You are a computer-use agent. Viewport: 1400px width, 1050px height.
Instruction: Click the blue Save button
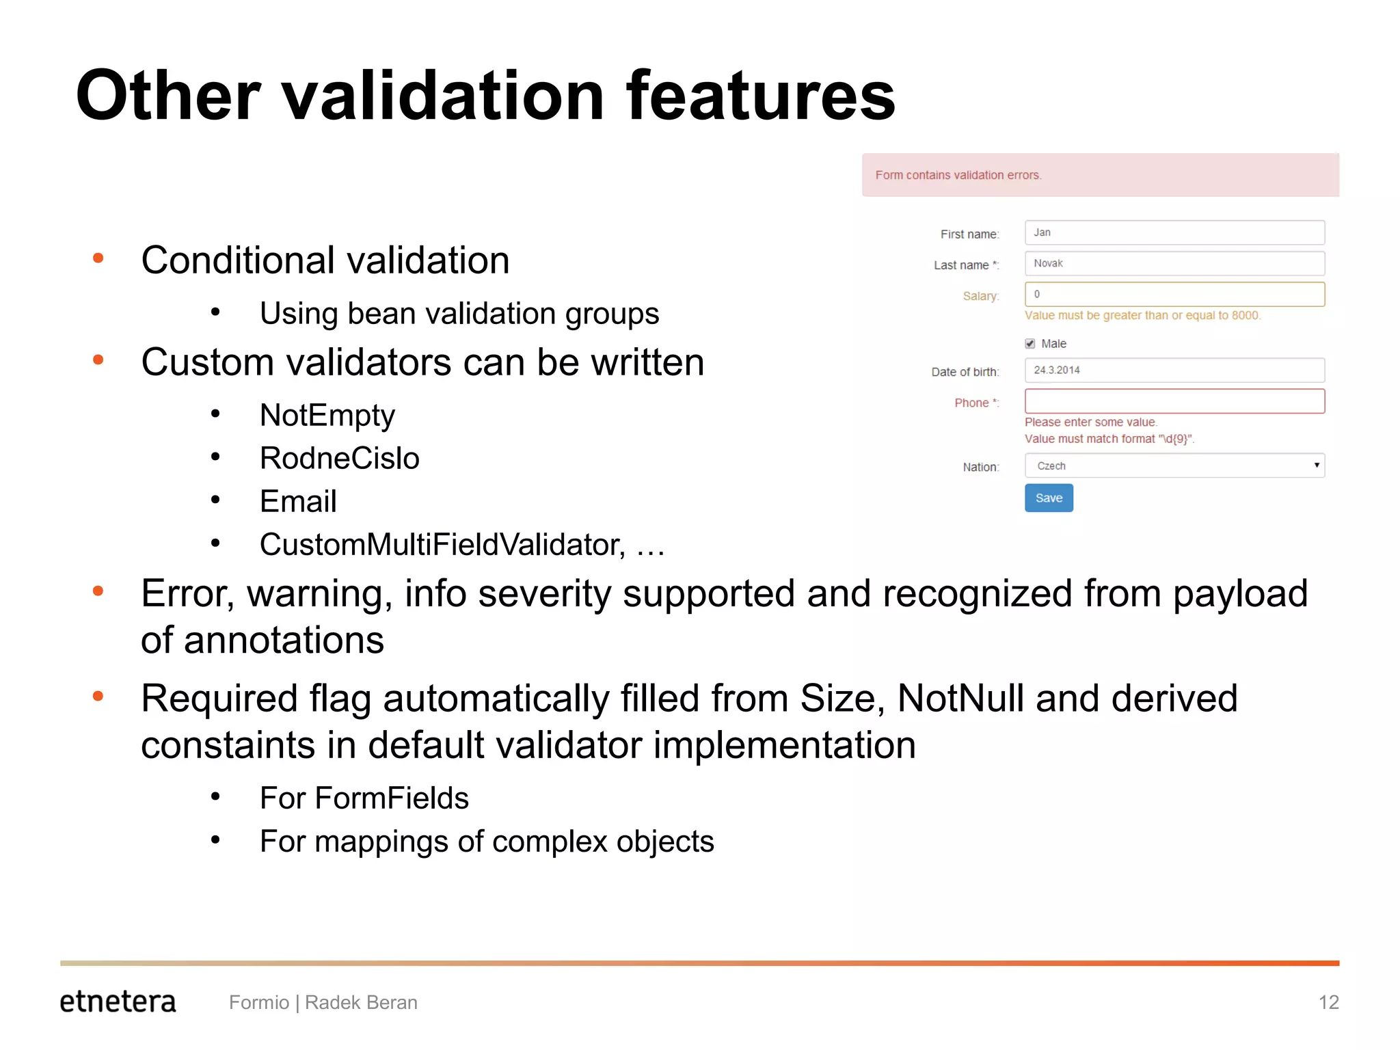pos(1048,498)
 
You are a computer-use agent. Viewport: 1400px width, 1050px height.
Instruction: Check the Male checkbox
pos(1029,343)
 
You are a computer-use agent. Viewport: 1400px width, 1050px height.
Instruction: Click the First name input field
pos(1174,232)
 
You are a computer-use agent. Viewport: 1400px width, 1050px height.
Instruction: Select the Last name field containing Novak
pos(1174,263)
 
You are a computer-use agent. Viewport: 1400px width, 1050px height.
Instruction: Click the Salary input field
pos(1174,294)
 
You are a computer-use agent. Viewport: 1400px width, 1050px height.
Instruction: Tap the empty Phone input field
pos(1174,401)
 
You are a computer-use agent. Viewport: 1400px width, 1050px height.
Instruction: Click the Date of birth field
pos(1174,370)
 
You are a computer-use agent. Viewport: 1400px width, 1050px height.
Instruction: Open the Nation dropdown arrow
pos(1316,466)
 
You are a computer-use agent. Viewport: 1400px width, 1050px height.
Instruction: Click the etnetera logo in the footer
pos(118,1001)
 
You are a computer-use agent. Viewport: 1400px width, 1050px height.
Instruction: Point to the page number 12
pos(1328,1002)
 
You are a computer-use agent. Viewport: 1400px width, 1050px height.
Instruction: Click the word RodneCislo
pos(339,458)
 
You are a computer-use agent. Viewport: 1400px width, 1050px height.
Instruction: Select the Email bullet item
pos(298,501)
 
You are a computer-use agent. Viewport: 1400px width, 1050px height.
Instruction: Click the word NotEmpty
pos(327,416)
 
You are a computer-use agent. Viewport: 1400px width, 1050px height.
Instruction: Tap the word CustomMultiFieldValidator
pos(442,545)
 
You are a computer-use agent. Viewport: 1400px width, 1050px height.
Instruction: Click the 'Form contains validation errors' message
pos(958,175)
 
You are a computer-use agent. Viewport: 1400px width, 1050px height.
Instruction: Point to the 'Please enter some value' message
pos(1090,422)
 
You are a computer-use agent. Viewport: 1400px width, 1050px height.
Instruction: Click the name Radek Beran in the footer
pos(361,1002)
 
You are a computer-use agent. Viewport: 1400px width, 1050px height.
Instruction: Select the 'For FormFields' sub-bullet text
pos(364,798)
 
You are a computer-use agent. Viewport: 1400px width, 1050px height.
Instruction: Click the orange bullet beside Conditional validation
pos(98,258)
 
